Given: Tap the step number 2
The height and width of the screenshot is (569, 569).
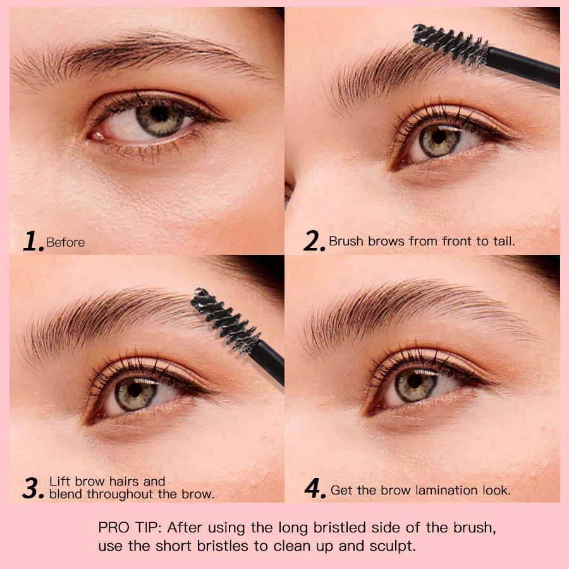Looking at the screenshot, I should click(x=314, y=241).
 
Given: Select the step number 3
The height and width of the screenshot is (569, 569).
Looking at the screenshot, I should click(x=32, y=488).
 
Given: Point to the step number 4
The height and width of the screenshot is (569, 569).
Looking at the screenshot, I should click(x=314, y=489).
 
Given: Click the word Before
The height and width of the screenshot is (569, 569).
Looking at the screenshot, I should click(x=65, y=242).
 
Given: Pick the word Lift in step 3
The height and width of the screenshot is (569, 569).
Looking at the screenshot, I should click(x=60, y=482).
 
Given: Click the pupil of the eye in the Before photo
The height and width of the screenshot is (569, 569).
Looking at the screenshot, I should click(x=159, y=114).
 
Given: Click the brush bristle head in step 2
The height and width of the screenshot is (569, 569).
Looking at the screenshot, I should click(x=450, y=44).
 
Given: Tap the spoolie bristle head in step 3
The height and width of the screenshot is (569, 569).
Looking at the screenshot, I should click(x=225, y=319).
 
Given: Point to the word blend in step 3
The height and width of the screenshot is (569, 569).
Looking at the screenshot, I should click(x=66, y=494).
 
